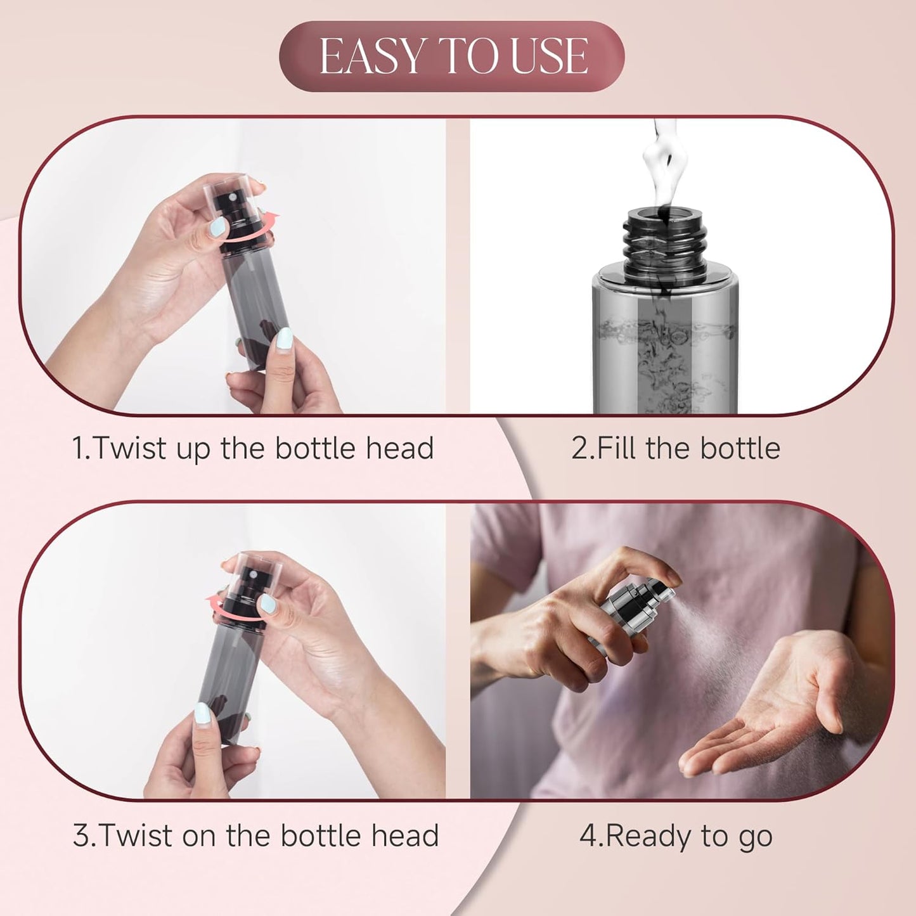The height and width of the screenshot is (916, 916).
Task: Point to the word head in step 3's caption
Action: point(405,835)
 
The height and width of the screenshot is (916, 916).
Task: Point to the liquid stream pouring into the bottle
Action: point(659,158)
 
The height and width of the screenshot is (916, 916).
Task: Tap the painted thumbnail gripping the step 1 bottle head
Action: point(217,227)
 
